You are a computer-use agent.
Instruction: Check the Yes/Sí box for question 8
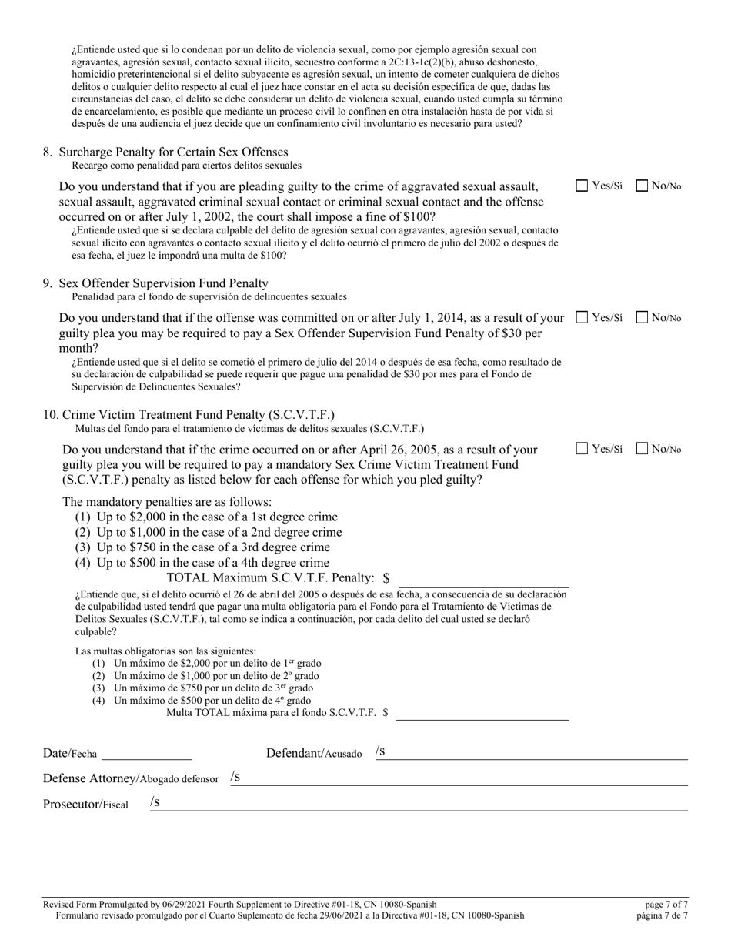pyautogui.click(x=582, y=186)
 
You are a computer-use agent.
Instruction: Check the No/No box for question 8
pyautogui.click(x=642, y=186)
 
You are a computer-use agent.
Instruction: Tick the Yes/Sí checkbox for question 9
pyautogui.click(x=582, y=317)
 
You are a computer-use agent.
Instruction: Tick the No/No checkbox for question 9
pyautogui.click(x=642, y=317)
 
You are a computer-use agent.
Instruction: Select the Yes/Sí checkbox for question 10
pyautogui.click(x=582, y=449)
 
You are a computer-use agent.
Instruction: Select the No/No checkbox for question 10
pyautogui.click(x=642, y=449)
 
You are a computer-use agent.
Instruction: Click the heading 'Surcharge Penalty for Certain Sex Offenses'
pyautogui.click(x=173, y=152)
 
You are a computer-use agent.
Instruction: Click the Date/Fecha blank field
pyautogui.click(x=146, y=753)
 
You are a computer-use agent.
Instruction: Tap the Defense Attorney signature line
pyautogui.click(x=462, y=778)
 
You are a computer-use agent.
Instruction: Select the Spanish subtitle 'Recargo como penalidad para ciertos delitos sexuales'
pyautogui.click(x=186, y=166)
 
